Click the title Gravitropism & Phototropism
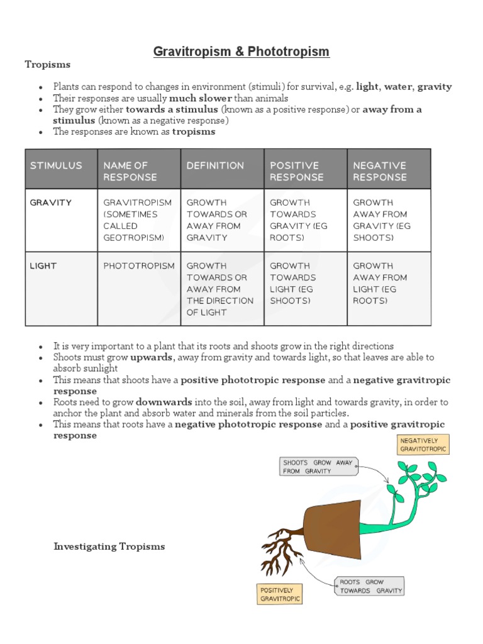click(241, 52)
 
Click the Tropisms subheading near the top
click(48, 65)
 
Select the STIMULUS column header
click(57, 165)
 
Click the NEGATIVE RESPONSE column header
click(380, 171)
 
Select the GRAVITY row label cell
click(51, 203)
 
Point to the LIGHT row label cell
click(43, 266)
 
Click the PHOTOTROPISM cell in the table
click(139, 266)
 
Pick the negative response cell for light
click(380, 283)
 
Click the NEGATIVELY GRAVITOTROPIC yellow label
click(423, 445)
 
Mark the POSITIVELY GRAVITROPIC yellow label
click(280, 594)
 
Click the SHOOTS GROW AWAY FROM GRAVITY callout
click(318, 466)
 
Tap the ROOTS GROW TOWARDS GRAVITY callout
click(370, 586)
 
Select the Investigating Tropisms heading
click(109, 547)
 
